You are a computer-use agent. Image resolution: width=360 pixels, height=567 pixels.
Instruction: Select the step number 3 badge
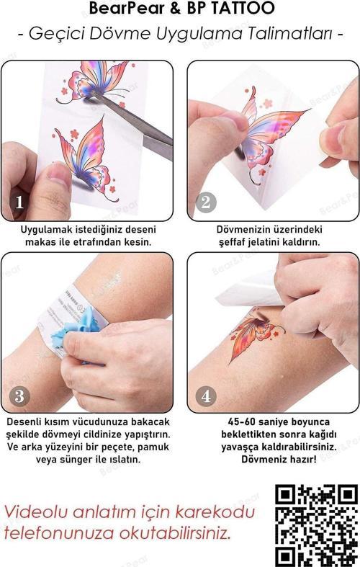19,396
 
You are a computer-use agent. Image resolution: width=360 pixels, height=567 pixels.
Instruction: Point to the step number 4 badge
205,396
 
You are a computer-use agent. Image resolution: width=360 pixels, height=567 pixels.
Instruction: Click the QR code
317,524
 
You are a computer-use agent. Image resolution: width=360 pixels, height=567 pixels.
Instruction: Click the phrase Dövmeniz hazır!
268,459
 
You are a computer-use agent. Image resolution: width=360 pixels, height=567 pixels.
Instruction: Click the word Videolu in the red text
37,512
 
